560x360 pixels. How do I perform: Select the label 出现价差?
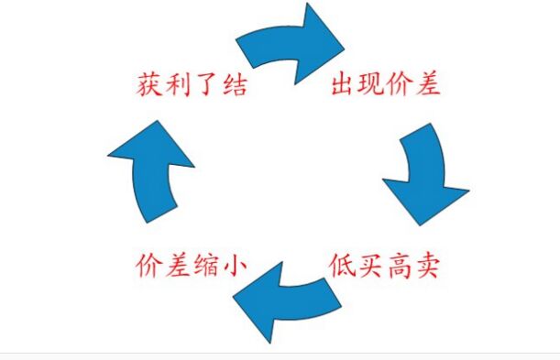[386, 86]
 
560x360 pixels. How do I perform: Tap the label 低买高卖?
[386, 266]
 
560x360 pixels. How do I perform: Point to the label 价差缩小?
[191, 266]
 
